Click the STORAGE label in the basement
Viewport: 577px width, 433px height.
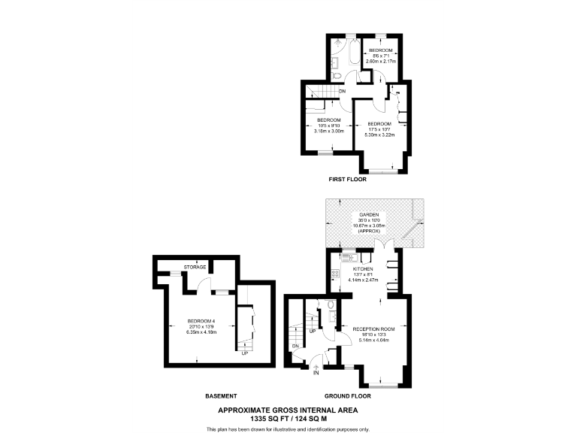coord(195,267)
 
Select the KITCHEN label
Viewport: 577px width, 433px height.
coord(364,269)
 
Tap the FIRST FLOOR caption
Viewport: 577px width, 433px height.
coord(348,180)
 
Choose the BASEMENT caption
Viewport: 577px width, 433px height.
coord(222,395)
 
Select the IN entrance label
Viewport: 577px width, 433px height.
coord(316,373)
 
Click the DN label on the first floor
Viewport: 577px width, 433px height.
coord(342,92)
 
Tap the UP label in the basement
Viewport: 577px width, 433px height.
coord(244,353)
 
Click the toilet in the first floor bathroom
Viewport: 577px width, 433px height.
coord(337,76)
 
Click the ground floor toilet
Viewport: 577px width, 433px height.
coord(331,306)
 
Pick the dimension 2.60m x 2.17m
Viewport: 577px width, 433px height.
coord(388,60)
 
